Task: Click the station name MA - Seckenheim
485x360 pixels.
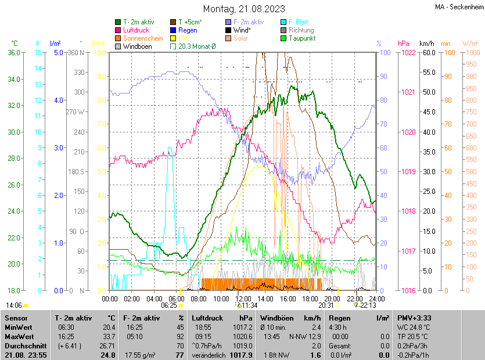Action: pos(458,7)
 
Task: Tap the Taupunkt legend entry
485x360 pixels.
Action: pos(301,38)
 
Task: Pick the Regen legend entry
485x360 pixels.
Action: pos(188,30)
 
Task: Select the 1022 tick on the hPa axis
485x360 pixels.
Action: pos(408,53)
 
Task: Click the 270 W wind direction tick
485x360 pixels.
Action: pos(76,112)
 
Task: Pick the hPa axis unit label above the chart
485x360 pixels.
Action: pos(403,44)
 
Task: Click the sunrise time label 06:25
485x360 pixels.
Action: pos(169,305)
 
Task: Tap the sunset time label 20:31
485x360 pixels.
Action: pos(326,305)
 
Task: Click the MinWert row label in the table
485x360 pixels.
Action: pos(18,327)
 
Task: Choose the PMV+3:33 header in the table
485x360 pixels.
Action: pos(414,318)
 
